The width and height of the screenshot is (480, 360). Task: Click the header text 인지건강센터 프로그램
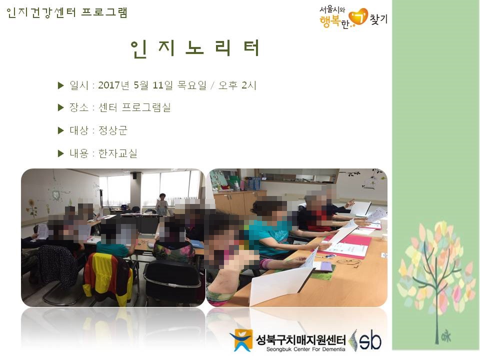(x=67, y=12)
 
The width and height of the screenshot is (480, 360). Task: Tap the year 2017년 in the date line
(x=114, y=85)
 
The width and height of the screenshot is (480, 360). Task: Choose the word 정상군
(x=113, y=130)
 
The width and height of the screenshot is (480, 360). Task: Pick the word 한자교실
(x=118, y=153)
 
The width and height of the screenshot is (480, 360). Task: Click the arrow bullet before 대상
(x=61, y=130)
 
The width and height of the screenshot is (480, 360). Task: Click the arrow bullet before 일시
(x=61, y=85)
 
